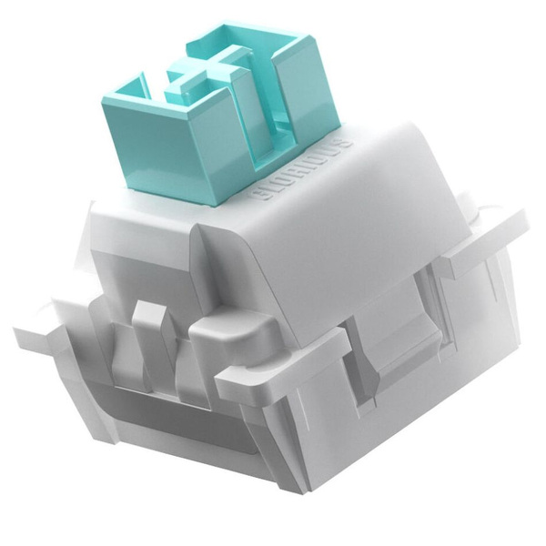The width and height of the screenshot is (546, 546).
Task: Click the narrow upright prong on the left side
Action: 146,337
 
